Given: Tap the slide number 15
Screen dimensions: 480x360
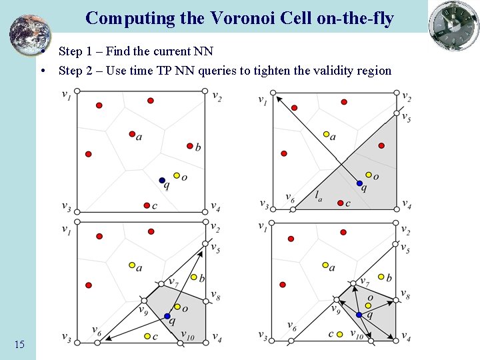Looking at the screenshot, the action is pyautogui.click(x=19, y=344).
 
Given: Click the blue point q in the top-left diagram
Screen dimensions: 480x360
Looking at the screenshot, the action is pyautogui.click(x=162, y=181).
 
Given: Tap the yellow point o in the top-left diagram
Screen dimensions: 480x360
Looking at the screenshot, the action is pyautogui.click(x=177, y=175).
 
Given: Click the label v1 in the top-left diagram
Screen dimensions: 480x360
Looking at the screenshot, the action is pyautogui.click(x=67, y=94).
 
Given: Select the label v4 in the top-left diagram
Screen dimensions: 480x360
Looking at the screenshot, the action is pyautogui.click(x=215, y=206).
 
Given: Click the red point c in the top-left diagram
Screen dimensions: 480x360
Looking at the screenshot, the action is pyautogui.click(x=147, y=205).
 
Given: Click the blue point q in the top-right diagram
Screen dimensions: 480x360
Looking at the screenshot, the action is pyautogui.click(x=359, y=183).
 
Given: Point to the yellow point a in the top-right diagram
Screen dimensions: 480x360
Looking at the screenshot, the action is pyautogui.click(x=326, y=134).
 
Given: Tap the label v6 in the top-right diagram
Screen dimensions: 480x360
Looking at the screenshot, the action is pyautogui.click(x=289, y=197).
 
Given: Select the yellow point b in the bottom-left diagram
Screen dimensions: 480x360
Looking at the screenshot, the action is pyautogui.click(x=194, y=277).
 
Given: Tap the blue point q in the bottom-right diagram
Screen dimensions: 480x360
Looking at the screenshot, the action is pyautogui.click(x=359, y=315).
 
